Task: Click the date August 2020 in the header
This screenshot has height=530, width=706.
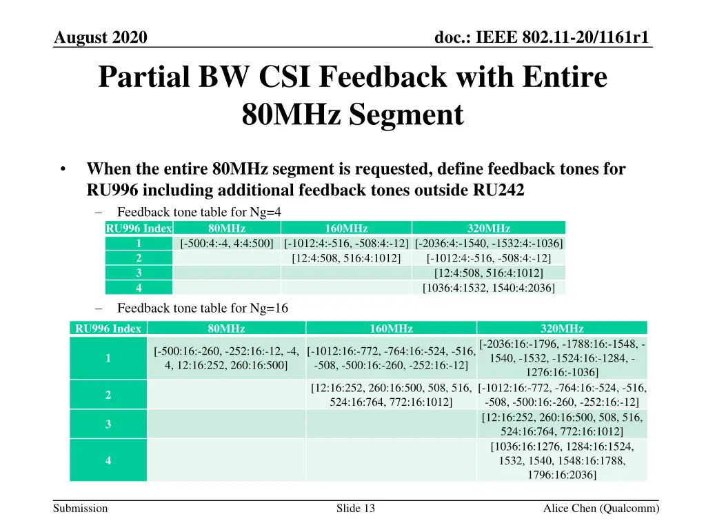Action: (101, 38)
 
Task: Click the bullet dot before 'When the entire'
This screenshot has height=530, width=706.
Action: (63, 169)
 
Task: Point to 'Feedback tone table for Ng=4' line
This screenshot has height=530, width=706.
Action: (199, 212)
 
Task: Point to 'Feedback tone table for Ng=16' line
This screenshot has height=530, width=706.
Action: (203, 308)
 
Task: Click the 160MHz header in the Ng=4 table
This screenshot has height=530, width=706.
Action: (346, 228)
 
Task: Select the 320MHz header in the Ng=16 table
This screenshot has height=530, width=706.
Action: (562, 328)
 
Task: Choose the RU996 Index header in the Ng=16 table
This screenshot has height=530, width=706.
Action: (108, 328)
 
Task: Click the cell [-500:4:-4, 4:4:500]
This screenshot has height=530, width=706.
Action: (227, 243)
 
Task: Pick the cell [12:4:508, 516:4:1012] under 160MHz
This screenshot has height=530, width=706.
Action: (346, 258)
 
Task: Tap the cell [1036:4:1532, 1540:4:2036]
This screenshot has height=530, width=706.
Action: (489, 288)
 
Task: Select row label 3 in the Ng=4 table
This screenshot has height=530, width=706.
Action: (139, 273)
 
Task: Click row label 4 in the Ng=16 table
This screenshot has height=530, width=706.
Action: (108, 460)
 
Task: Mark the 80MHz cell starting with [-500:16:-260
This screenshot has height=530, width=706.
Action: (226, 358)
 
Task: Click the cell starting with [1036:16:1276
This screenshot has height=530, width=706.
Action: (562, 460)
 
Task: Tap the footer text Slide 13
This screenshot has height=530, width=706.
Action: (356, 509)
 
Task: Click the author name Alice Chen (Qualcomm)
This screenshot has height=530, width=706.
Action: (601, 509)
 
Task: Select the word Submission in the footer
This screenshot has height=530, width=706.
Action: (81, 509)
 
